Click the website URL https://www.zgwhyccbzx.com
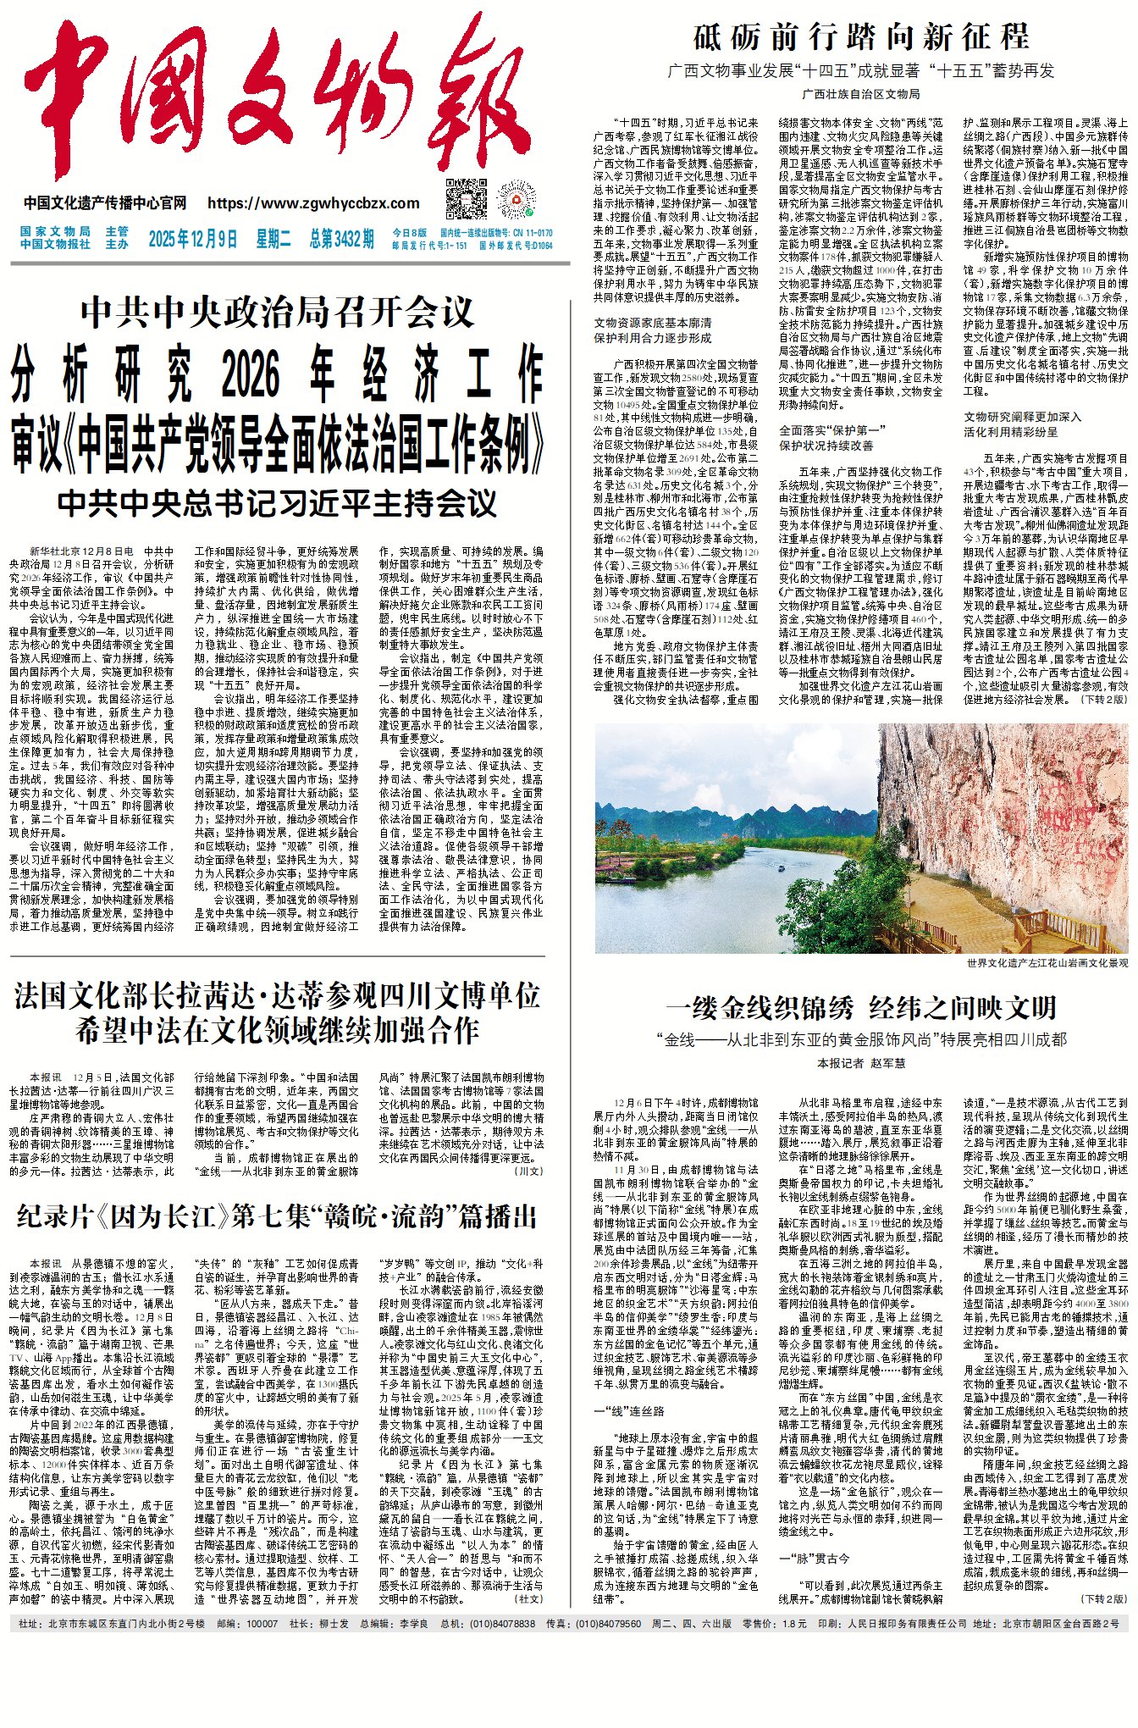click(x=313, y=203)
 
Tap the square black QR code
click(x=467, y=199)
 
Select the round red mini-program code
click(x=517, y=200)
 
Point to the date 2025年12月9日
click(x=192, y=240)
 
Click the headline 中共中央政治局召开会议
click(x=277, y=313)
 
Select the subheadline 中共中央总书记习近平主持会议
click(x=277, y=504)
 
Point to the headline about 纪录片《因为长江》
click(x=277, y=1217)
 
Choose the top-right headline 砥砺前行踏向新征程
click(x=861, y=37)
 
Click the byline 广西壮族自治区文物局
click(x=861, y=94)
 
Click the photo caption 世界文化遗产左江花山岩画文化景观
click(x=1047, y=963)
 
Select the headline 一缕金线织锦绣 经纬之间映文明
click(x=861, y=1008)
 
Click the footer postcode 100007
click(x=261, y=1624)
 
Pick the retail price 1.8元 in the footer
click(x=795, y=1624)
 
